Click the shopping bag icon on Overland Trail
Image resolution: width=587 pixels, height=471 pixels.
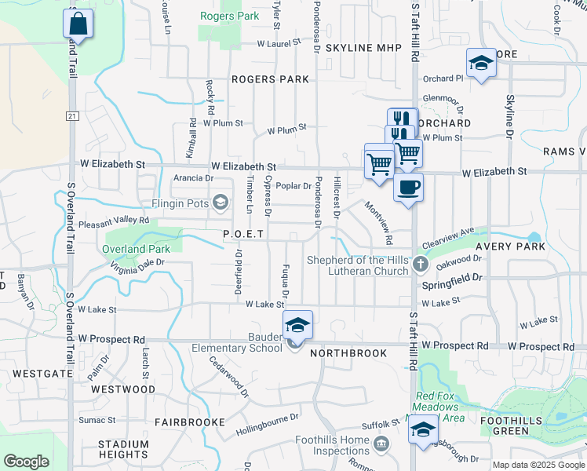78,23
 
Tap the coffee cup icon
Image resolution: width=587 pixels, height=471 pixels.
408,188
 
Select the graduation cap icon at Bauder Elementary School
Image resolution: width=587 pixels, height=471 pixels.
297,325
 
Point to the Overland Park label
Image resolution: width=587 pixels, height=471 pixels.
135,249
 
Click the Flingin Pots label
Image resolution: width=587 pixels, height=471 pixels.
179,203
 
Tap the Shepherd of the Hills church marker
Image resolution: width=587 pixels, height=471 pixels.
421,265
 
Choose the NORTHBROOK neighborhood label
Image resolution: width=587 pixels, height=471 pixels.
348,353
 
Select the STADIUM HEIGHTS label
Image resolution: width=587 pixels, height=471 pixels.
123,449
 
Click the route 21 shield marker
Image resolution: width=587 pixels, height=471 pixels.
72,115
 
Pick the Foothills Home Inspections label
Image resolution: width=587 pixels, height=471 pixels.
330,445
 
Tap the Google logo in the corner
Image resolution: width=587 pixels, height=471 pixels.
25,462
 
